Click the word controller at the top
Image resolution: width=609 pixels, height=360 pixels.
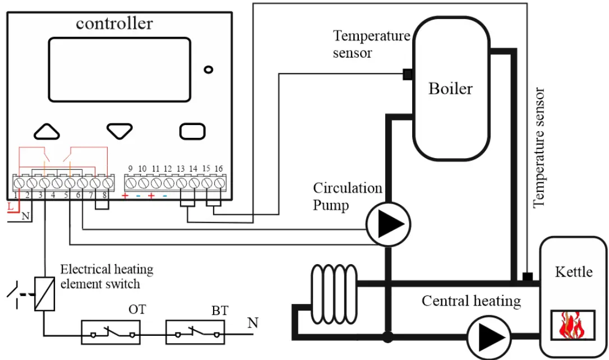point(114,24)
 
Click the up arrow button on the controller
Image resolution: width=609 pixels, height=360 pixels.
point(47,131)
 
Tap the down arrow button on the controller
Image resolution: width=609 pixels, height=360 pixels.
point(119,131)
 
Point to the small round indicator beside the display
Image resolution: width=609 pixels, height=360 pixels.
point(209,70)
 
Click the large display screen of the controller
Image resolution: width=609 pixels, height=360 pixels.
point(119,70)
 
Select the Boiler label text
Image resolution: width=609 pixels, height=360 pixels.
point(450,89)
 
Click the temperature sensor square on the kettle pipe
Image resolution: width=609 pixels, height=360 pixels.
point(527,276)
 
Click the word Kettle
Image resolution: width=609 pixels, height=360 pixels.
point(573,272)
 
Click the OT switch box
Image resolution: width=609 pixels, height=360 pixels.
point(110,332)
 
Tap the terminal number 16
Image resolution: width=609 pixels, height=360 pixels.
point(219,169)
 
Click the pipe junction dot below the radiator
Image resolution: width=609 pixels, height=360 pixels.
point(387,337)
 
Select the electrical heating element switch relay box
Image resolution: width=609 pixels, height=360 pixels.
point(44,293)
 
